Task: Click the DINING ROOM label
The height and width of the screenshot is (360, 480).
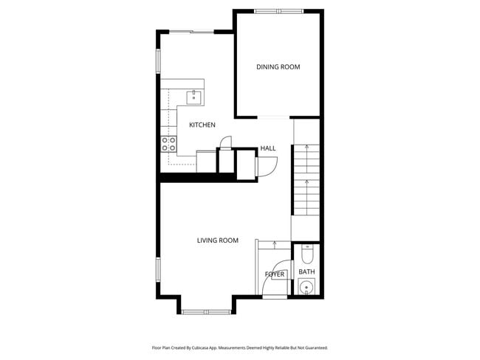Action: [278, 67]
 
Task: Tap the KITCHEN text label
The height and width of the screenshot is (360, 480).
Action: [202, 125]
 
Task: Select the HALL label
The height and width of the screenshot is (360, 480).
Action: [267, 149]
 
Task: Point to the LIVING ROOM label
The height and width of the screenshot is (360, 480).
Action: [217, 240]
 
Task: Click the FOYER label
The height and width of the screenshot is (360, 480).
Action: [275, 274]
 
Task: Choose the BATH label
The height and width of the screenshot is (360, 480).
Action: [306, 272]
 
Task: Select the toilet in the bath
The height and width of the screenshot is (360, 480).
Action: [307, 255]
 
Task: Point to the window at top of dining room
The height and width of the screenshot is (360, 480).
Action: [278, 11]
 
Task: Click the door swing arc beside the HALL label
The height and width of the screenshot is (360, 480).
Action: [266, 167]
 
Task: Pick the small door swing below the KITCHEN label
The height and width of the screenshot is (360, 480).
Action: [228, 142]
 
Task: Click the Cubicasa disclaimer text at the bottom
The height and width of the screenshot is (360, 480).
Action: [239, 347]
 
